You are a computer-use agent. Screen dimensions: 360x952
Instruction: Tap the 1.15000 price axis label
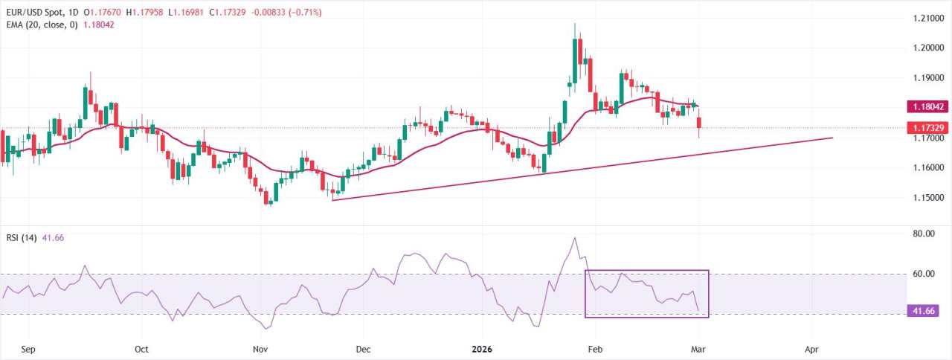927,198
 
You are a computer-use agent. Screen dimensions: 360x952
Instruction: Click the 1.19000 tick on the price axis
927,77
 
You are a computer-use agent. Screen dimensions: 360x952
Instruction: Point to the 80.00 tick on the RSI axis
923,234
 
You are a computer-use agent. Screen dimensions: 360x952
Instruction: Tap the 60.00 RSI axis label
923,274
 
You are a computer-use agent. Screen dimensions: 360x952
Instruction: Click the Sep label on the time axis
29,348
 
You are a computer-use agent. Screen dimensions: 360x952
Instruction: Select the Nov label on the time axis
259,348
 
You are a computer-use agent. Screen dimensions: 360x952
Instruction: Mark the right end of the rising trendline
832,138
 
